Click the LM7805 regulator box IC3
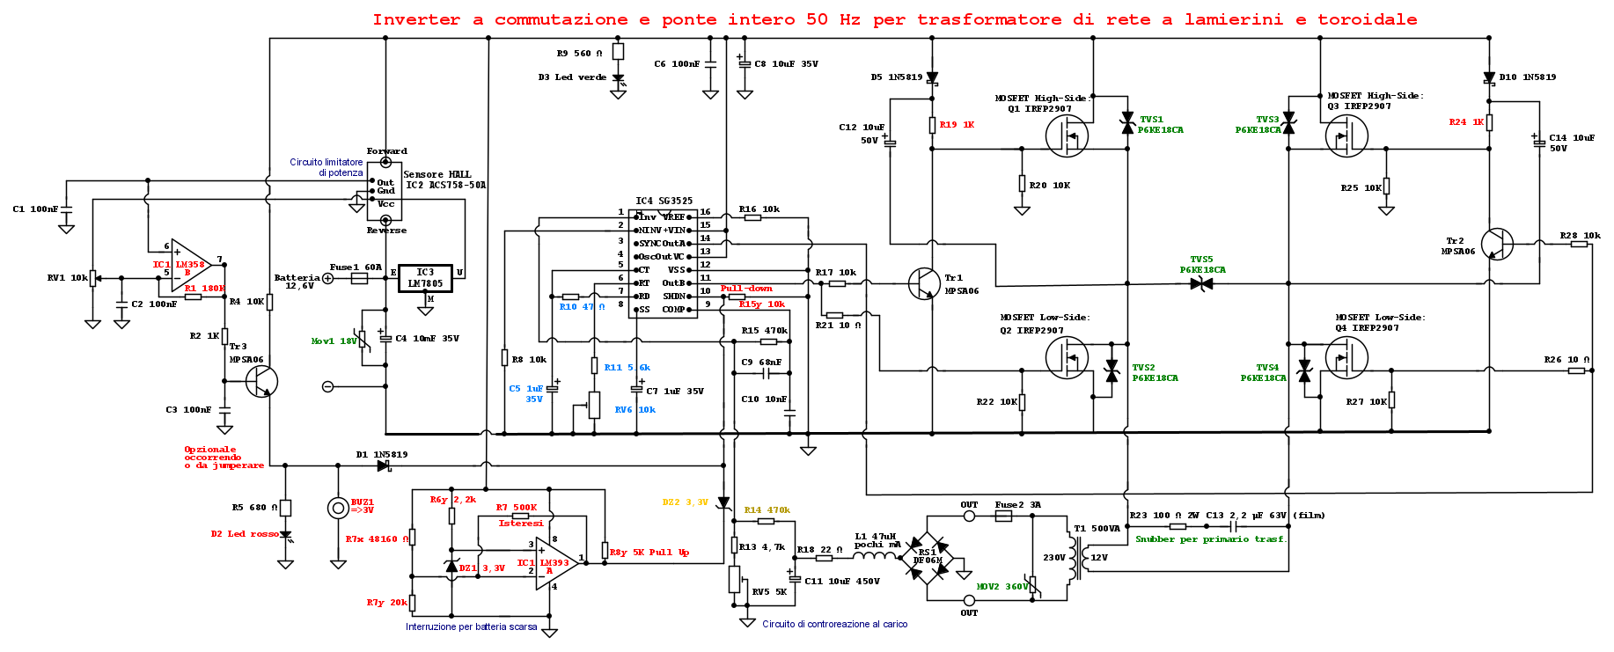pyautogui.click(x=425, y=278)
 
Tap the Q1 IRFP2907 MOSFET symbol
pyautogui.click(x=1067, y=136)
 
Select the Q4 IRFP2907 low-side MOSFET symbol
pyautogui.click(x=1346, y=358)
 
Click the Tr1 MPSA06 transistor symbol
pyautogui.click(x=924, y=283)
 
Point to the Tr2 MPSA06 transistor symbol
pyautogui.click(x=1496, y=244)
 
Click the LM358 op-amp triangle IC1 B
pyautogui.click(x=190, y=265)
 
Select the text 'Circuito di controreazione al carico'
pyautogui.click(x=834, y=624)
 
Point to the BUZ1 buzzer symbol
pyautogui.click(x=338, y=508)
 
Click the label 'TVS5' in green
pyautogui.click(x=1201, y=260)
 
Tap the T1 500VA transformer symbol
pyautogui.click(x=1078, y=559)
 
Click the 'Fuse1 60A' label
pyautogui.click(x=356, y=267)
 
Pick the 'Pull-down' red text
pyautogui.click(x=746, y=289)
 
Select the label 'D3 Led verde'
pyautogui.click(x=572, y=77)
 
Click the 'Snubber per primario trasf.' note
pyautogui.click(x=1210, y=538)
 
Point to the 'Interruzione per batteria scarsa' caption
pyautogui.click(x=471, y=626)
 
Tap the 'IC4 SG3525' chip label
pyautogui.click(x=664, y=201)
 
